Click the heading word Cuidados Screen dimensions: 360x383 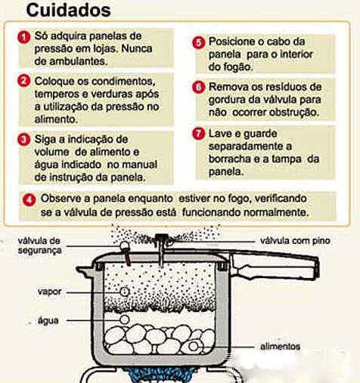(68, 10)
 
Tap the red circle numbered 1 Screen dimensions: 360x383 (24, 38)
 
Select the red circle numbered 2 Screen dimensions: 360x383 (24, 81)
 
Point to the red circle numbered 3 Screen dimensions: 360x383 (24, 139)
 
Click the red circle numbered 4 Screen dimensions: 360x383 (29, 200)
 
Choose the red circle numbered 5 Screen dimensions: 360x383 (199, 42)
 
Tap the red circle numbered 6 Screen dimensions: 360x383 (199, 88)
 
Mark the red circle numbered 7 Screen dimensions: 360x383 (199, 133)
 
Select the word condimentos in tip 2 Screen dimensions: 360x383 (123, 81)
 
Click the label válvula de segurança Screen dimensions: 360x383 (39, 246)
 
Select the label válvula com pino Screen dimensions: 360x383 (295, 241)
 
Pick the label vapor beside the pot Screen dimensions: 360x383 (49, 292)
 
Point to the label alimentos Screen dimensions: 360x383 (280, 347)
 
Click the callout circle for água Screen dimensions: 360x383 (124, 320)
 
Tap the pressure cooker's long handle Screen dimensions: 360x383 (274, 266)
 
